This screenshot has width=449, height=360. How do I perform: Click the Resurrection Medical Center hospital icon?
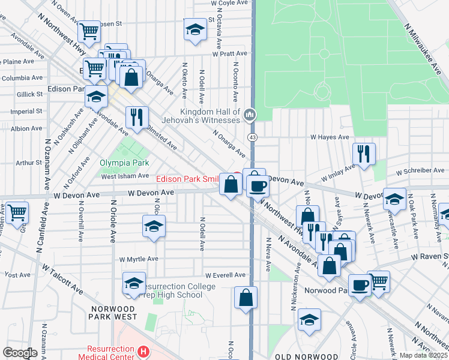(x=143, y=352)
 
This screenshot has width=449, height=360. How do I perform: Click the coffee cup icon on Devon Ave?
(x=258, y=187)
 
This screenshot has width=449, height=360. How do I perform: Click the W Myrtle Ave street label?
(x=139, y=259)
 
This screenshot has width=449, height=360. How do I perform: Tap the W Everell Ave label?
(x=226, y=275)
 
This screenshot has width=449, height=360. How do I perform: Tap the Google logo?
(x=20, y=352)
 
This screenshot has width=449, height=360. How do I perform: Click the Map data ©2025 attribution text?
(x=423, y=355)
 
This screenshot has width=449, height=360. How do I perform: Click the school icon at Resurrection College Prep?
(x=134, y=284)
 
